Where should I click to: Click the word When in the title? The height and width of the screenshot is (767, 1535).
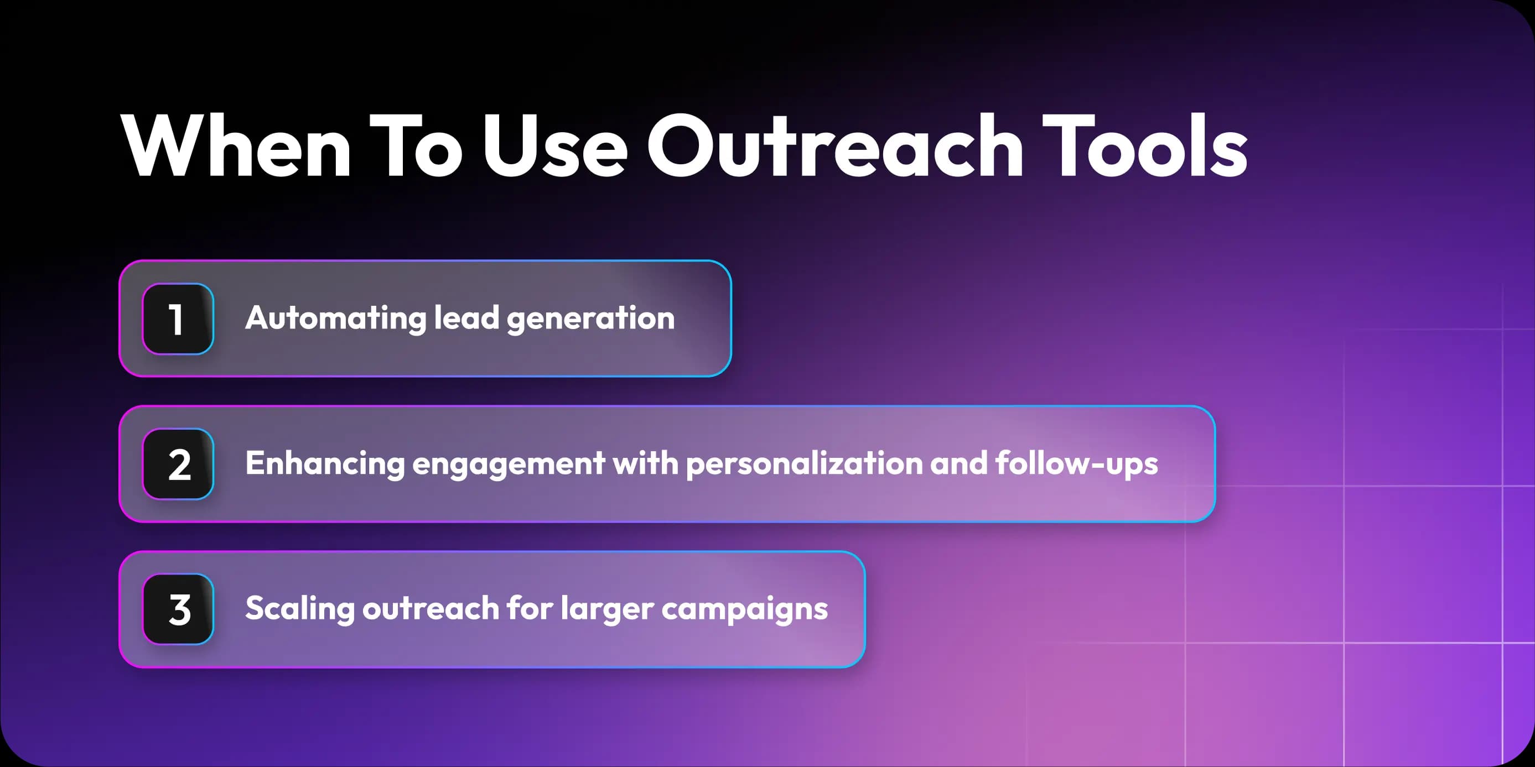tap(236, 146)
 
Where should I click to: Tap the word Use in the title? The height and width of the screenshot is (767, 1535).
tap(554, 146)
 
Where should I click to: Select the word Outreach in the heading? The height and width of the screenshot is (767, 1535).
tap(834, 146)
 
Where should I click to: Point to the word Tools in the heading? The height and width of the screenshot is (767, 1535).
tap(1144, 146)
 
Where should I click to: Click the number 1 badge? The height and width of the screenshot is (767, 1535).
tap(178, 319)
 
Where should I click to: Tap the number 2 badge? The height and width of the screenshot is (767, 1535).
tap(178, 465)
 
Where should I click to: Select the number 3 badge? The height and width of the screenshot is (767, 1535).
tap(178, 609)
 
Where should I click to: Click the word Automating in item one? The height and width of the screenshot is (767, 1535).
tap(335, 318)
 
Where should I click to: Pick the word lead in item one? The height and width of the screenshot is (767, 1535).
tap(466, 318)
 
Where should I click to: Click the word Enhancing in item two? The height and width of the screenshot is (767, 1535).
tap(325, 464)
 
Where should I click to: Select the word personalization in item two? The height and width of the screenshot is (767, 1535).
tap(805, 464)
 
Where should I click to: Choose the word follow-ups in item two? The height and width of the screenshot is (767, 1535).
tap(1076, 464)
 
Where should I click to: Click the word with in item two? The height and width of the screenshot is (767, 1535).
tap(645, 463)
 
